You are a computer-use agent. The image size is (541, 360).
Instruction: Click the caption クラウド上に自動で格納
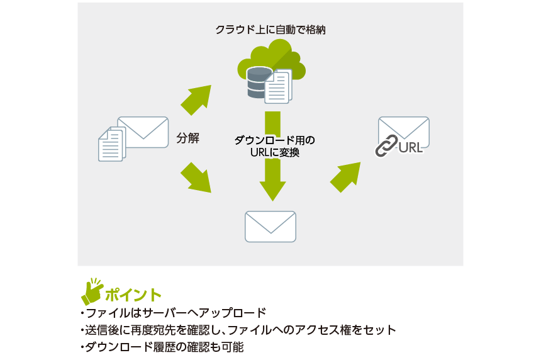[x=270, y=30]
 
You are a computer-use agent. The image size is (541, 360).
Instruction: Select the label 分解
[x=187, y=138]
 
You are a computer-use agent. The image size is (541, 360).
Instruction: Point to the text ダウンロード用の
[x=270, y=140]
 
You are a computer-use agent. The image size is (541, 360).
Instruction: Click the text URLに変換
[x=270, y=152]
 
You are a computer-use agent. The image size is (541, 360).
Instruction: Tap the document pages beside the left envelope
[x=111, y=143]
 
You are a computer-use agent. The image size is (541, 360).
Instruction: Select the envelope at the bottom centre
[x=270, y=227]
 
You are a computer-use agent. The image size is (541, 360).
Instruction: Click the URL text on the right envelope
[x=410, y=149]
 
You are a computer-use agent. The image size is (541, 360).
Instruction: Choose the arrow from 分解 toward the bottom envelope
[x=196, y=177]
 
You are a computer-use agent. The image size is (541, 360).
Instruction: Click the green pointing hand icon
[x=92, y=290]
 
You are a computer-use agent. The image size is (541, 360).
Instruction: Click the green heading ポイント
[x=133, y=294]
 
